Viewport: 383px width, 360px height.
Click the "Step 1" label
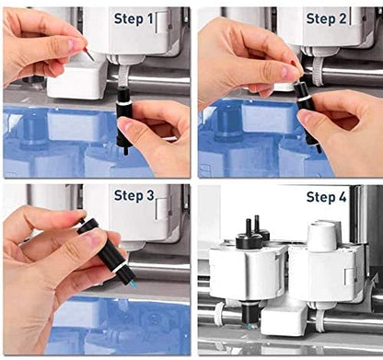tap(133, 19)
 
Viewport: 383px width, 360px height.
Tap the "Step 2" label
tap(326, 19)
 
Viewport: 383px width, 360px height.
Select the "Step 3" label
tap(133, 195)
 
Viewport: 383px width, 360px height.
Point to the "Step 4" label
tap(326, 197)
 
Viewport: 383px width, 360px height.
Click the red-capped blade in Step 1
tap(89, 53)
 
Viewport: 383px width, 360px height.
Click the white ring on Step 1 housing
tap(124, 103)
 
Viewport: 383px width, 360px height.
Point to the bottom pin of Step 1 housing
tap(125, 151)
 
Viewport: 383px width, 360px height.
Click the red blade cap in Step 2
tap(294, 64)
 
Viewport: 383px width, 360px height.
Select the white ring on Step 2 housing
tap(304, 99)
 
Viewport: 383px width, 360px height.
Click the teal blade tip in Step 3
tap(133, 285)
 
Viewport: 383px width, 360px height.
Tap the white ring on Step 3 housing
tap(120, 267)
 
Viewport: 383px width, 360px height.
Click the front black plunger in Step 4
tap(248, 233)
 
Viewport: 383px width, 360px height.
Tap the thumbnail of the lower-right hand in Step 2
tap(306, 116)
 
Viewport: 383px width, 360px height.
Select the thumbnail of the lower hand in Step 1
tap(126, 127)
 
